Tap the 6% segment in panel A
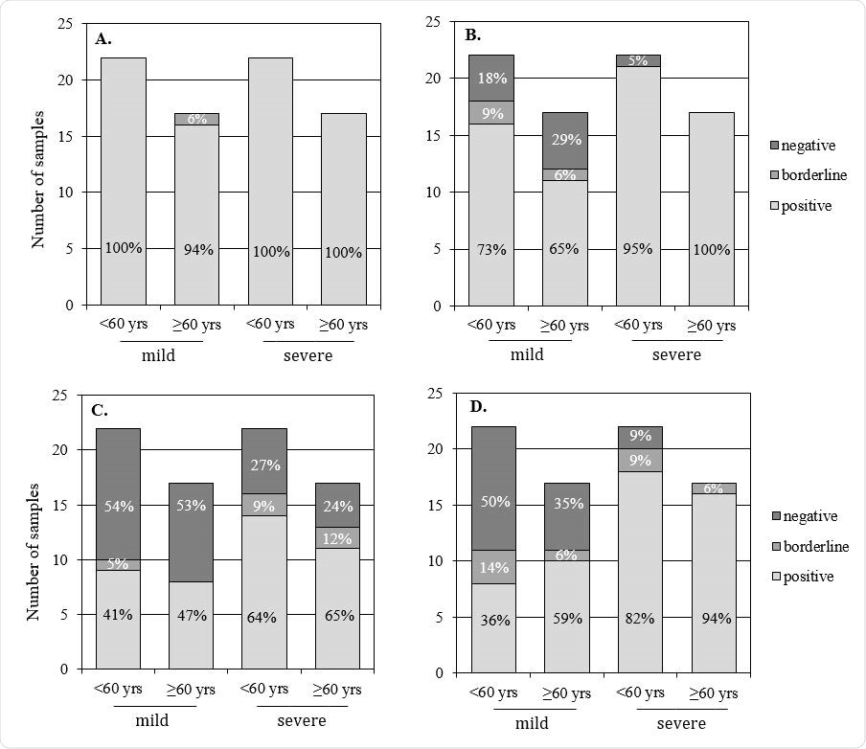(x=196, y=119)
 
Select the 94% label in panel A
(x=196, y=250)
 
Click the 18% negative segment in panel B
(x=490, y=78)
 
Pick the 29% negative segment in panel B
(x=564, y=140)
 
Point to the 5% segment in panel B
(x=638, y=61)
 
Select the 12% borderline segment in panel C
(x=338, y=539)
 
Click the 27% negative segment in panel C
(x=265, y=465)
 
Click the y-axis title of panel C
(x=34, y=537)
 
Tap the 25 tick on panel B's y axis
(x=433, y=22)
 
